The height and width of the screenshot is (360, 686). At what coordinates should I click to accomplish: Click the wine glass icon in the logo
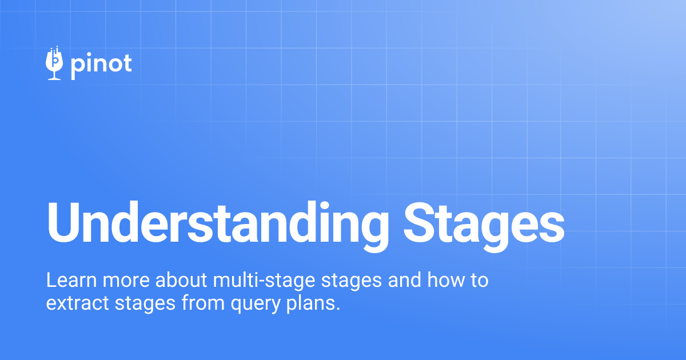pos(54,63)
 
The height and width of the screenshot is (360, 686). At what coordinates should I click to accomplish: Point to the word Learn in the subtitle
pos(64,281)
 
